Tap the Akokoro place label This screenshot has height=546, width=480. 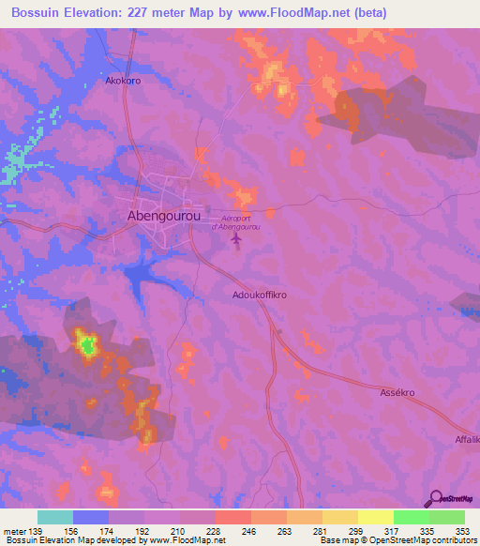[123, 81]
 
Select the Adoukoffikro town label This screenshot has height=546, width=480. [259, 295]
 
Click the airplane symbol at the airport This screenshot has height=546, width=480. [235, 241]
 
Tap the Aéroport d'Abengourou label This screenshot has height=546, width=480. [235, 221]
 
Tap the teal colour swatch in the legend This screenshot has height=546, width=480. [54, 517]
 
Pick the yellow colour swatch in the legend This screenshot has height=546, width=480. [375, 517]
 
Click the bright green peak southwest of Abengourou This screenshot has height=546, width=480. [87, 347]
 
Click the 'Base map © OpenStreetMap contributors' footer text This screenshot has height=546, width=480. [397, 540]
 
